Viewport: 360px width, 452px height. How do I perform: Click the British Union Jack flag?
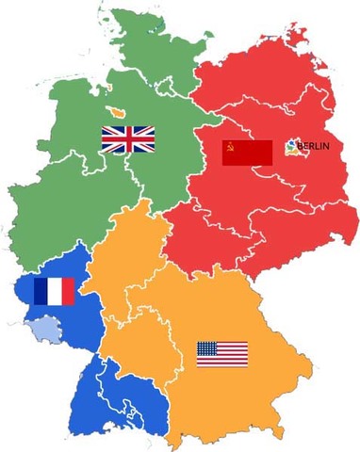pos(128,139)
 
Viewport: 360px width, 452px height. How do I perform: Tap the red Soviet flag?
pos(247,152)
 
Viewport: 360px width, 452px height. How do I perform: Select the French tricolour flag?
pos(54,292)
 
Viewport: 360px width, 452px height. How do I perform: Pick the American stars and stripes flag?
pos(222,354)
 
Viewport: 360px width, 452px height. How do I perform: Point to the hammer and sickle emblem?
pos(229,146)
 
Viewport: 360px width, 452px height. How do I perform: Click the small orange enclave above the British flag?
pos(118,112)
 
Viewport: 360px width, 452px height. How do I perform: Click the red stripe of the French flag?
pos(67,292)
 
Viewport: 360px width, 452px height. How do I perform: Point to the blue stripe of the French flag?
pos(41,292)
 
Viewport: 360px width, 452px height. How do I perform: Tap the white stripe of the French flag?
pos(54,292)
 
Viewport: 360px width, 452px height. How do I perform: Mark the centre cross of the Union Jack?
pos(128,139)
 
